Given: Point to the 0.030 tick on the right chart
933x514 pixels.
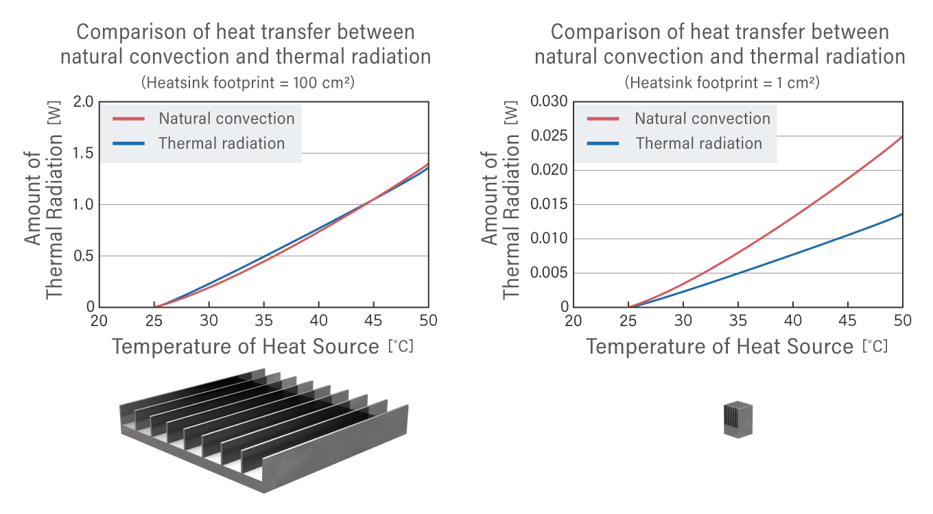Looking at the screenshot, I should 549,102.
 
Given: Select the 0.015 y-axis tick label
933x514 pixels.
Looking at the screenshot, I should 549,204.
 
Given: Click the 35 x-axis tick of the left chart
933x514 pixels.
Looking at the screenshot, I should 263,321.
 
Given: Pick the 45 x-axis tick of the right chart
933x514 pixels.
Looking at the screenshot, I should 848,321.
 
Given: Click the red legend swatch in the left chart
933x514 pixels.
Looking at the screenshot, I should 128,119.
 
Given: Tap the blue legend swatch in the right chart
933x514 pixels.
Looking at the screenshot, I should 603,144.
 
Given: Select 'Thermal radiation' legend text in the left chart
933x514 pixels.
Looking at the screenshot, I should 221,143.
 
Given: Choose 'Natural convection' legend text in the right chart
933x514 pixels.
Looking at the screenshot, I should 702,119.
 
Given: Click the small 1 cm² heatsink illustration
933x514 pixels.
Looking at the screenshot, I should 739,419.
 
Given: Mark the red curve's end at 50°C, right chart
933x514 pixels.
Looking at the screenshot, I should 901,136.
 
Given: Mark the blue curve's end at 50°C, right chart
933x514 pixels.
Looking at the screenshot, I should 901,214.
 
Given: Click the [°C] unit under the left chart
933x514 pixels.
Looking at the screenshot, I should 401,347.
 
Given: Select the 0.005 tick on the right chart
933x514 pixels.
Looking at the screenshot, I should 549,273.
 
